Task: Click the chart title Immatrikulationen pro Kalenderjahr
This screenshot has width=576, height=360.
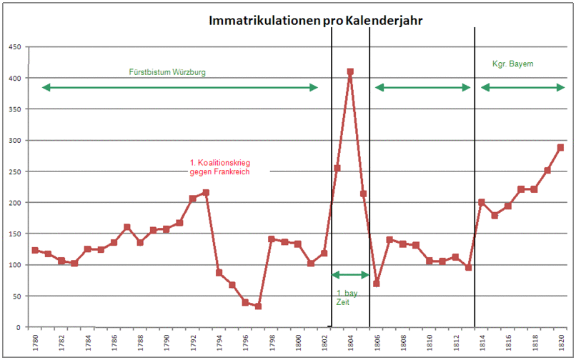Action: click(316, 21)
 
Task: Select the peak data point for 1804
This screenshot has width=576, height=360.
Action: click(350, 71)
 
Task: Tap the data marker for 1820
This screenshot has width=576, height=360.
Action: click(561, 147)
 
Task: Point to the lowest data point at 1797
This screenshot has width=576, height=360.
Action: click(258, 306)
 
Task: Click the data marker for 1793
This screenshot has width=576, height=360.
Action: click(206, 192)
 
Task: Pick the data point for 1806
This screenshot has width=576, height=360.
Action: click(377, 284)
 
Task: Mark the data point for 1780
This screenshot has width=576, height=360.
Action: click(35, 250)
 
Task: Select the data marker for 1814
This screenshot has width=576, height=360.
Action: click(482, 202)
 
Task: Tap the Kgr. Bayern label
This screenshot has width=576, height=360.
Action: click(513, 64)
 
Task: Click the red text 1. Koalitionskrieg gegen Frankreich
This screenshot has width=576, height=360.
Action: click(219, 166)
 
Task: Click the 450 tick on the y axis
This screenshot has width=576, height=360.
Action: click(14, 47)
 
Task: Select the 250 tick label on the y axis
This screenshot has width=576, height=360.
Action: click(14, 171)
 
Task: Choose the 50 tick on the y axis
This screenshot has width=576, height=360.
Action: click(16, 296)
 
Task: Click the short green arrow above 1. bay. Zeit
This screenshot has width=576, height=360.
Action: click(350, 274)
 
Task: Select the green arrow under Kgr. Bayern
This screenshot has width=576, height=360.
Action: click(522, 87)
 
